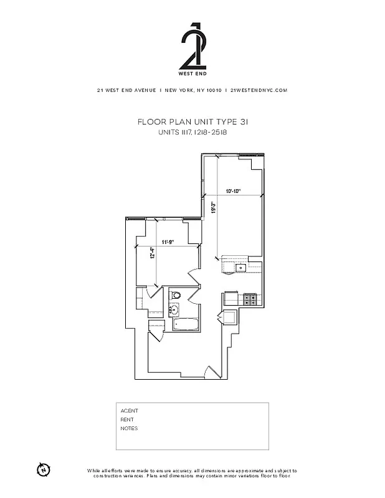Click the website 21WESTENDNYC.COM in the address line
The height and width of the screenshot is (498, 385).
coord(259,90)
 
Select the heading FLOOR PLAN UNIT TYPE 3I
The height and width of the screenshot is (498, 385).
coord(192,123)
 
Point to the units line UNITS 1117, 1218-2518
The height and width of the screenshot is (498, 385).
coord(192,133)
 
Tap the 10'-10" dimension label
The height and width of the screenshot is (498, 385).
coord(234,191)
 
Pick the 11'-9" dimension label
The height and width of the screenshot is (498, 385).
coord(167,242)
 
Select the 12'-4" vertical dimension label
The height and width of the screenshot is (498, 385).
coord(151,255)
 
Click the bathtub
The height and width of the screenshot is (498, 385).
coord(186,324)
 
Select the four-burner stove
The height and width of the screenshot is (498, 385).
coord(250,299)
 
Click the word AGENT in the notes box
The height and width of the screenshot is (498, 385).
coord(129,411)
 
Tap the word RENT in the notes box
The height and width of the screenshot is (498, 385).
coord(127,420)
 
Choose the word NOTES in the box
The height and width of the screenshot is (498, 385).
coord(129,428)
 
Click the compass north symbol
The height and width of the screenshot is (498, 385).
coord(43,469)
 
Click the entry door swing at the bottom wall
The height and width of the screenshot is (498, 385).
coord(211,374)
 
